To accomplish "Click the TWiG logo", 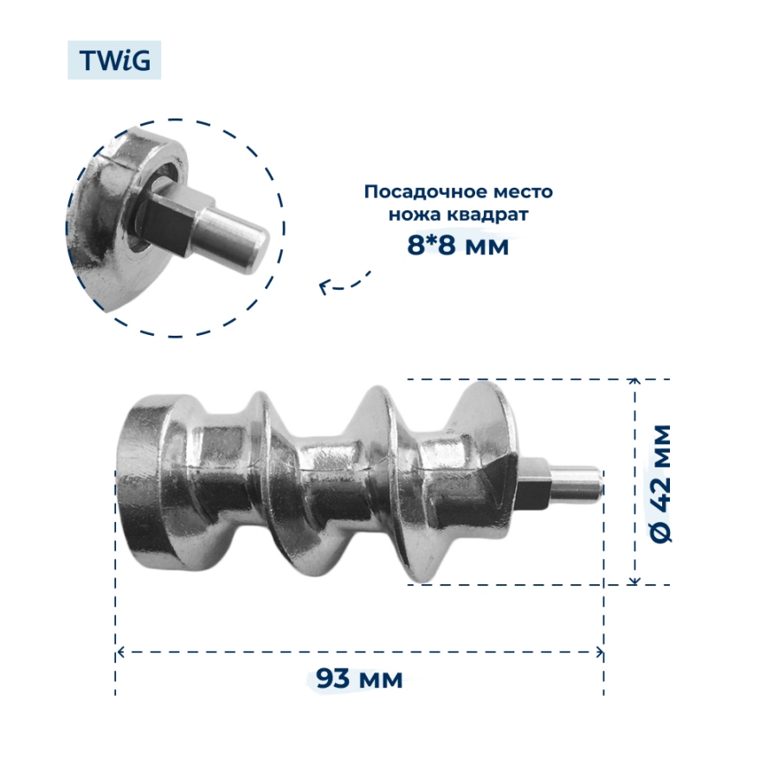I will click(114, 61).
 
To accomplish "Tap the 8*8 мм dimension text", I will click(458, 246).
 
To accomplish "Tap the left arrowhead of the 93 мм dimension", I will click(121, 651).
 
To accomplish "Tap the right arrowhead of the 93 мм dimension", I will click(599, 651).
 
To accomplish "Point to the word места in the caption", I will click(523, 191).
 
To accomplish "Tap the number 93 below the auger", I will click(333, 679).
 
